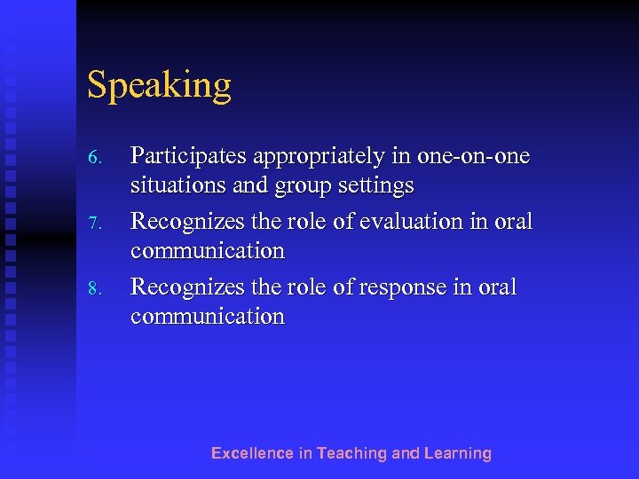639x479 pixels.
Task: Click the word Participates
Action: pos(189,158)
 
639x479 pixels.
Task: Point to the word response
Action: pos(404,288)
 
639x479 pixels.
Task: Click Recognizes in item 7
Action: pos(185,222)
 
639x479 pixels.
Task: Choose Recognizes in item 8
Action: pos(185,287)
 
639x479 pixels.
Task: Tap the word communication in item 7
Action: pos(208,251)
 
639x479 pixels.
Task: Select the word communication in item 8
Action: pos(208,317)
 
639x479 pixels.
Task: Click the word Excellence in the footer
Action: pos(252,453)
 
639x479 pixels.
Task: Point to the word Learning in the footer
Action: pos(457,453)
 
